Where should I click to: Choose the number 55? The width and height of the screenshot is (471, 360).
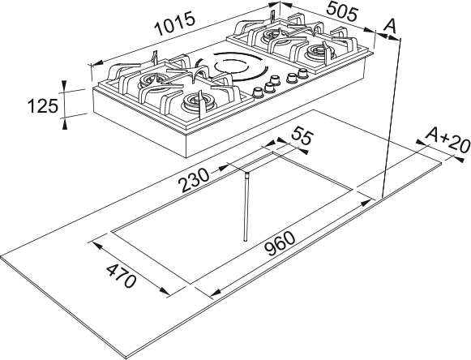click(302, 138)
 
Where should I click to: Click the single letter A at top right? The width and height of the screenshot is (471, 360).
click(391, 26)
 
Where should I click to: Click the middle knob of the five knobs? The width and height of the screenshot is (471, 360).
click(277, 82)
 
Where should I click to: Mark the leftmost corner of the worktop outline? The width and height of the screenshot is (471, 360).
click(2, 261)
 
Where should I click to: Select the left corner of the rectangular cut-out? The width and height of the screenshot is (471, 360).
click(111, 233)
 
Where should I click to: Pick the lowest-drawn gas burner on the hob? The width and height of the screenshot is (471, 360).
click(197, 103)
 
